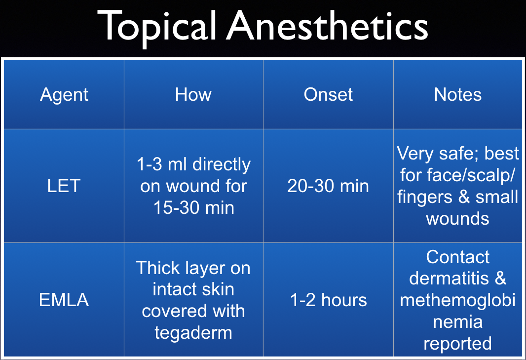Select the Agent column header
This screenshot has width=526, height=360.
64,94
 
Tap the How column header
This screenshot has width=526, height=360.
193,94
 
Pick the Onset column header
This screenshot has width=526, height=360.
328,94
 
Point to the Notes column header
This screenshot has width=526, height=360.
457,94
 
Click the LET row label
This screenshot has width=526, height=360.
64,186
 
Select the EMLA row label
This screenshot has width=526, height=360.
64,300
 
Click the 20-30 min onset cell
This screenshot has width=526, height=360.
328,186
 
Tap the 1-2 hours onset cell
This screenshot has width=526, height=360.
328,300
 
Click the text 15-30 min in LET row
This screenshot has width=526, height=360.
193,208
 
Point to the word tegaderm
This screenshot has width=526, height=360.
193,332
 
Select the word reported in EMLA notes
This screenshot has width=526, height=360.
457,343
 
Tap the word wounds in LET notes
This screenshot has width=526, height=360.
457,218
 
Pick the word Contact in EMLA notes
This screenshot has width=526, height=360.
457,257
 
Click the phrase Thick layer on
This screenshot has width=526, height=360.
193,268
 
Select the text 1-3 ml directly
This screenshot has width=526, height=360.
193,164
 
